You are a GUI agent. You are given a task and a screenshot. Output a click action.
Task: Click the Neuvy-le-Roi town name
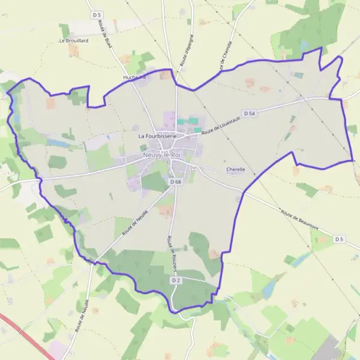pos(162,155)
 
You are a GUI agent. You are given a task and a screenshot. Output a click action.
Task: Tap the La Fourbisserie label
pos(157,136)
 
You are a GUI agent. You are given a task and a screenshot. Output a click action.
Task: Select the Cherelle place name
pos(236,170)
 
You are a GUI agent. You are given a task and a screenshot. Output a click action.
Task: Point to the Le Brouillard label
pos(74,41)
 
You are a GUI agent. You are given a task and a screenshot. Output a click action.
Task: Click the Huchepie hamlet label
pos(134,77)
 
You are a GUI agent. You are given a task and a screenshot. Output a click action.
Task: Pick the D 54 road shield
pos(250,113)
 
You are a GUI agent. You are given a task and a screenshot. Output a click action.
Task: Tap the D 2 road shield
pos(176,280)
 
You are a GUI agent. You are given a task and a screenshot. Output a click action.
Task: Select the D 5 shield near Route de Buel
pos(97,14)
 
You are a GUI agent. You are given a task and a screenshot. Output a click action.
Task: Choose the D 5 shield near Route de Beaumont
pos(340,239)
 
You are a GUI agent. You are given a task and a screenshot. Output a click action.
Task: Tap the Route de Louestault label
pos(221,125)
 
